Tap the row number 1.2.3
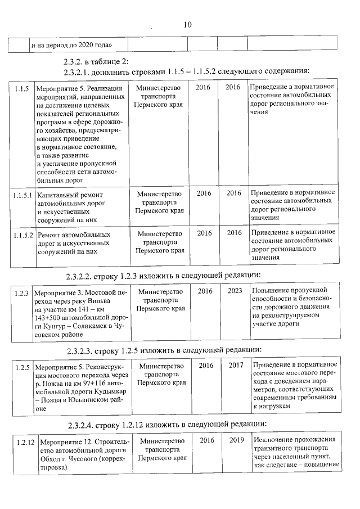coord(21,294)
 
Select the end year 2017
coord(236,366)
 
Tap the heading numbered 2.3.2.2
coord(84,276)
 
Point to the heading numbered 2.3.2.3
coord(84,352)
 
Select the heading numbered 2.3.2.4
coord(84,425)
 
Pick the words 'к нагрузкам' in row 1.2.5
coord(273,406)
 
